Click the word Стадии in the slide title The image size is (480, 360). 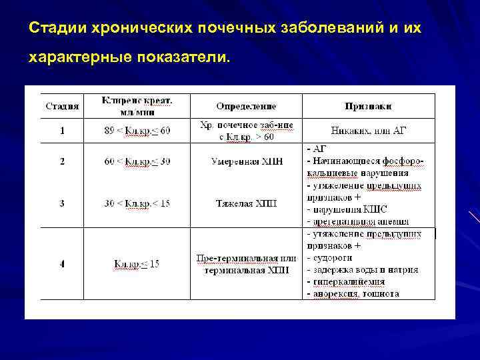point(55,29)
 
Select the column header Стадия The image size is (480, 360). point(62,107)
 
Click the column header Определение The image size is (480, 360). point(246,107)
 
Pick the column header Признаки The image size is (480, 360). point(368,107)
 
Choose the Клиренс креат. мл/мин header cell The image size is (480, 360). point(137,106)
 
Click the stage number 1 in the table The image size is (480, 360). point(62,131)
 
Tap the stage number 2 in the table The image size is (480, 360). point(62,161)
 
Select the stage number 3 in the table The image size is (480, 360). point(62,203)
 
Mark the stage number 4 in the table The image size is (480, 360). point(62,264)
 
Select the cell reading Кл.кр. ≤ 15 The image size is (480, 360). point(137,264)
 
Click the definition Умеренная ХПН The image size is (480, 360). point(246,161)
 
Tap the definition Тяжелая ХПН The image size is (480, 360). point(246,203)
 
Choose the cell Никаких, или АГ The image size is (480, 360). point(368,131)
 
